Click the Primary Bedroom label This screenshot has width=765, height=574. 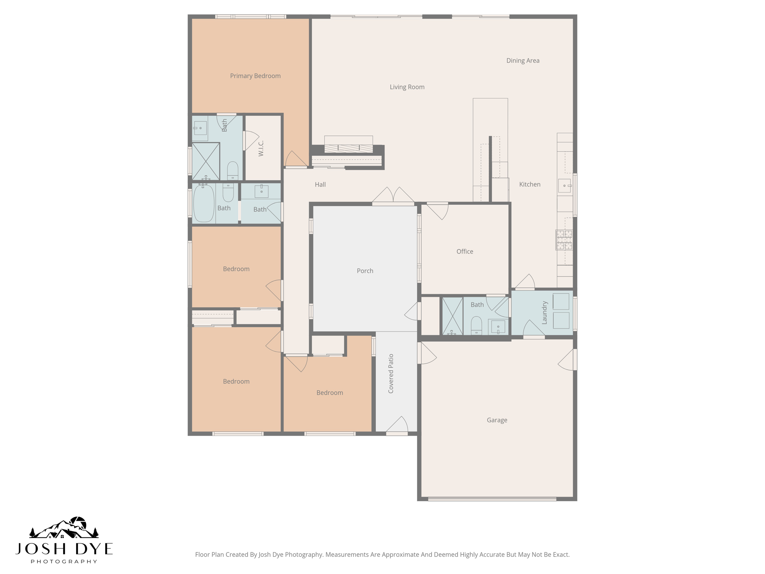tap(255, 76)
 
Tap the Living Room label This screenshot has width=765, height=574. tap(407, 87)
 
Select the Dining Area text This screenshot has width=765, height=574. tap(523, 61)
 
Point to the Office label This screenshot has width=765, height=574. tap(465, 251)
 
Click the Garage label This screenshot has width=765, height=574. tap(497, 420)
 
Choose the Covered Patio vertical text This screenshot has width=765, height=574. tap(391, 373)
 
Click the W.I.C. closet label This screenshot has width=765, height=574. tap(261, 148)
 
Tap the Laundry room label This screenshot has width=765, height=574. tap(544, 313)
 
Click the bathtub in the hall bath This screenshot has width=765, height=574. tap(204, 203)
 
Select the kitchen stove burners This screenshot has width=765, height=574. tap(564, 240)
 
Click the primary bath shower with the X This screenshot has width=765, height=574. tap(205, 161)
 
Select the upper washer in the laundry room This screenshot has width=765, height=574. tap(561, 302)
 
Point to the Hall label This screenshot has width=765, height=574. tap(320, 185)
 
